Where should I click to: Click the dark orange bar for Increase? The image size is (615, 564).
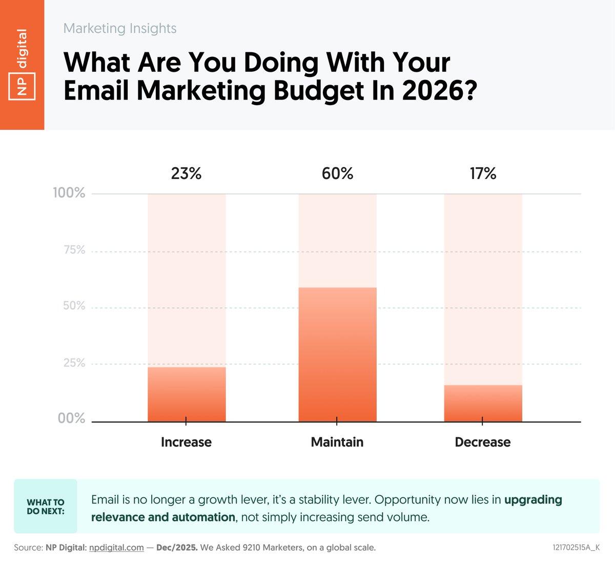[187, 394]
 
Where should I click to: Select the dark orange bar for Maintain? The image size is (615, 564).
[337, 354]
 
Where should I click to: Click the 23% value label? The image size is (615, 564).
[186, 174]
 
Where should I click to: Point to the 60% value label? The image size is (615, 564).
[337, 174]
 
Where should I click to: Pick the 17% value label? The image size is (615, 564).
[483, 174]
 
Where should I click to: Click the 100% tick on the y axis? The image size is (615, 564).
[69, 193]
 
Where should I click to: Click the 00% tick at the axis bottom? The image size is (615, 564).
[71, 418]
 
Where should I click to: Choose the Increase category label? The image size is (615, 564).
[186, 442]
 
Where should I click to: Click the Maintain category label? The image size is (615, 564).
[337, 442]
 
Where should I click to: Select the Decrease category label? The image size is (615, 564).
[483, 442]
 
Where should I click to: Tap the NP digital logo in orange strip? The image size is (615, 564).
[22, 65]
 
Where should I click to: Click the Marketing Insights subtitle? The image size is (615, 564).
[120, 28]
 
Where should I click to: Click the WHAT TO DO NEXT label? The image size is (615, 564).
[46, 507]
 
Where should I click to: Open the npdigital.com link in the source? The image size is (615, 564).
[116, 548]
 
